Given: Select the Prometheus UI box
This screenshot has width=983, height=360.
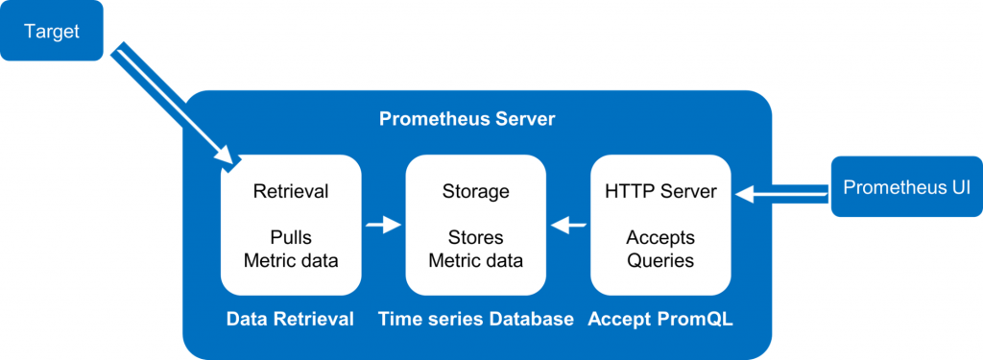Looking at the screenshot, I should (906, 187).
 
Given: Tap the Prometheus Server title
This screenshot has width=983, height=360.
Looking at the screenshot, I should (468, 120).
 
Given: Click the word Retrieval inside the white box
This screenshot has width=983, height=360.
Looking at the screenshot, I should (290, 192).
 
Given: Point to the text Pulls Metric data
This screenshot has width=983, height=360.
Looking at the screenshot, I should (290, 249).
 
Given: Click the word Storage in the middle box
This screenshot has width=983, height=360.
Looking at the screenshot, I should (476, 192).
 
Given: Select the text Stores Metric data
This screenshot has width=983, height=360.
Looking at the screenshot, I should (476, 249).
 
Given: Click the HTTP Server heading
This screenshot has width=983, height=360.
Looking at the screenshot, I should (660, 192).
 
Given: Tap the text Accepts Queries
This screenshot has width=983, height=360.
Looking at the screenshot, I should (660, 249).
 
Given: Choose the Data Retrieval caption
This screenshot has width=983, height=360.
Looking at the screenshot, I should (290, 319).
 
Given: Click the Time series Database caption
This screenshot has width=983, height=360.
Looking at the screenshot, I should (476, 319).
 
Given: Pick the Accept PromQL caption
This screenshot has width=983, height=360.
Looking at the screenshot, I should (661, 319).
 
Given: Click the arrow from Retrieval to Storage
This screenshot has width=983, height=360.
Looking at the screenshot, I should (383, 226).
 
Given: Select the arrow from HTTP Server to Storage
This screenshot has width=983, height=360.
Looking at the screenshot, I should (569, 226).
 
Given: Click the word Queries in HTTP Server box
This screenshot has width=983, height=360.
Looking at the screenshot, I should (660, 260).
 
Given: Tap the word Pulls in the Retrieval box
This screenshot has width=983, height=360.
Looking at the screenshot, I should (290, 237).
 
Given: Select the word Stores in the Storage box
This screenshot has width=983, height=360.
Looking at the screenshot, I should (476, 237).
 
